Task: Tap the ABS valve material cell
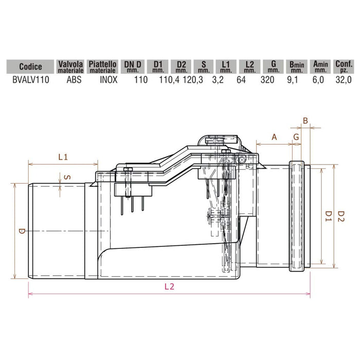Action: [x=70, y=80]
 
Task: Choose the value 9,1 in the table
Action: [x=296, y=80]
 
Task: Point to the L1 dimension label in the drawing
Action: [x=63, y=157]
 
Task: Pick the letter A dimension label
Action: [x=274, y=137]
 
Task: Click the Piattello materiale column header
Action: [x=104, y=66]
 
